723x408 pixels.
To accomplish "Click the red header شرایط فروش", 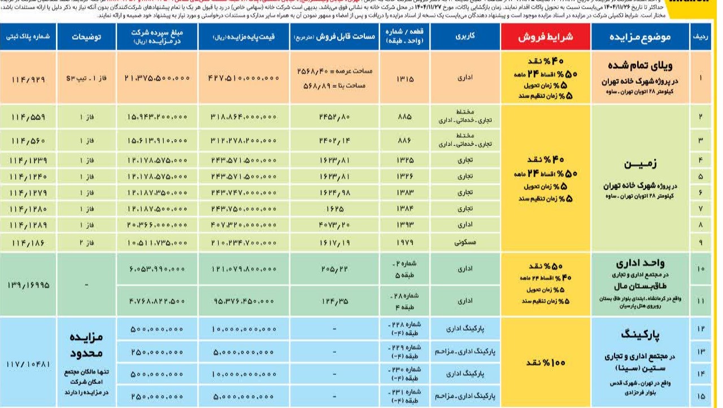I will point(546,37).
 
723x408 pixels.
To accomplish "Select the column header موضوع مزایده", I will point(640,37).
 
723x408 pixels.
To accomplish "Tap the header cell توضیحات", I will point(86,37).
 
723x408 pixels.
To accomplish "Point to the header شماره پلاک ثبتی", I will point(28,37).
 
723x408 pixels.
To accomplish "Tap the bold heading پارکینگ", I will point(641,335).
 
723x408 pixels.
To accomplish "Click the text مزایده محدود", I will point(86,345).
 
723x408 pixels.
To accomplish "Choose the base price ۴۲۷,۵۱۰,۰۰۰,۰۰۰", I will point(244,78).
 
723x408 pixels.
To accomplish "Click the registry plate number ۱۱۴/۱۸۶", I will point(28,243).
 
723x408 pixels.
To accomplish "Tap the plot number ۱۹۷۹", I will point(405,243).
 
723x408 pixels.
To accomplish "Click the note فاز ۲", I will point(86,243).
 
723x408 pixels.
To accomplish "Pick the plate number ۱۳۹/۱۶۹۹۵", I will point(28,285).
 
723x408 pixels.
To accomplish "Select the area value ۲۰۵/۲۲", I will point(334,269).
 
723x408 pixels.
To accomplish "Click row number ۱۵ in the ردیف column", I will point(701,396).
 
